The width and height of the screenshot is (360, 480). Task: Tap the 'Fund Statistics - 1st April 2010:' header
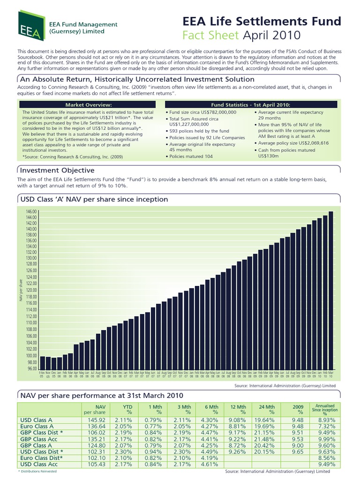tap(251, 104)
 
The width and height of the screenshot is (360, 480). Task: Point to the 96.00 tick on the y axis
tap(31, 369)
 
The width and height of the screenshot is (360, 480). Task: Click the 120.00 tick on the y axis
tap(31, 290)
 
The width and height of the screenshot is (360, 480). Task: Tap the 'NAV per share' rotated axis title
tap(21, 290)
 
